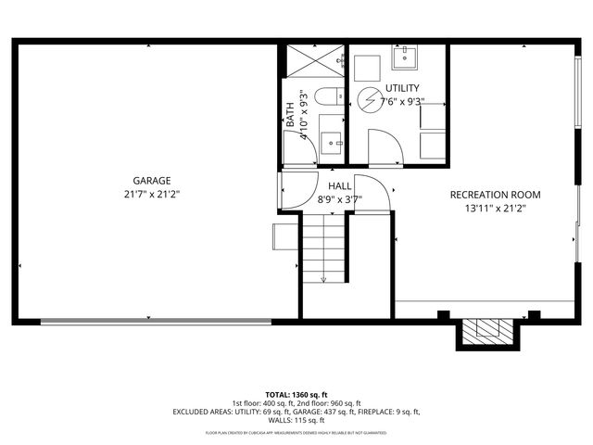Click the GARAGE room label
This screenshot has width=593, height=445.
[x=151, y=181]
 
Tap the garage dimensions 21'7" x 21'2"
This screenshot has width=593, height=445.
[x=151, y=195]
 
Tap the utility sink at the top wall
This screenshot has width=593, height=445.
[x=406, y=58]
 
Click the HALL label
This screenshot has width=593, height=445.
[x=338, y=186]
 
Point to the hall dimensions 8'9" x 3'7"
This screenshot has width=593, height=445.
[x=338, y=198]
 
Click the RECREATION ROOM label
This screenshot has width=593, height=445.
[x=495, y=195]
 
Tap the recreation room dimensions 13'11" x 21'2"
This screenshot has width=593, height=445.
[x=495, y=209]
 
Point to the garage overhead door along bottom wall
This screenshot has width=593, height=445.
[x=157, y=322]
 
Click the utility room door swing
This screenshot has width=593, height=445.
[x=384, y=148]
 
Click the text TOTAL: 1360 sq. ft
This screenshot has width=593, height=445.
[x=296, y=395]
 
